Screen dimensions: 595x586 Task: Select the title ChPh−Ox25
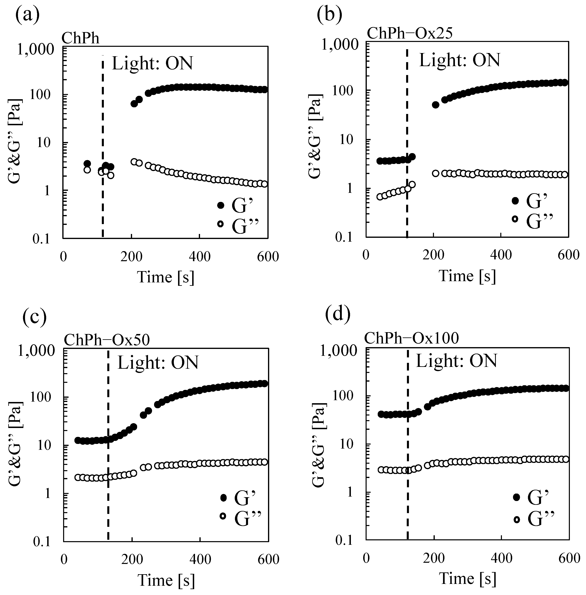[410, 33]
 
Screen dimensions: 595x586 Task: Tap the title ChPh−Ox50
[107, 340]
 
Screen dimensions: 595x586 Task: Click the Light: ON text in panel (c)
[158, 363]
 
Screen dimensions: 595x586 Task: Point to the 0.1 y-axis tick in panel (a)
[41, 239]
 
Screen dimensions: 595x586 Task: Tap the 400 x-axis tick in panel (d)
[502, 558]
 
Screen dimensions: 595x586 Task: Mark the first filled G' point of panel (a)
[87, 163]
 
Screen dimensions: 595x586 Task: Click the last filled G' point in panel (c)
[264, 384]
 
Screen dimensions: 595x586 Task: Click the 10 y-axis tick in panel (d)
[348, 444]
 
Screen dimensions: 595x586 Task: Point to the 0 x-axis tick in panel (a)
[63, 256]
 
